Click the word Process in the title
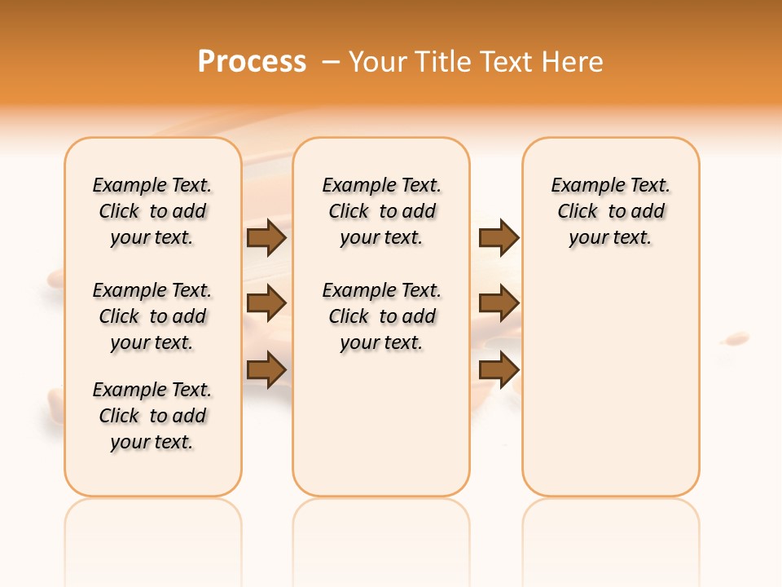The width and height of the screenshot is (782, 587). pyautogui.click(x=252, y=61)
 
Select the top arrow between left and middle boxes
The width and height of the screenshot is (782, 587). pyautogui.click(x=266, y=237)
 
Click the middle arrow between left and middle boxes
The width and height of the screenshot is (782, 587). pyautogui.click(x=266, y=303)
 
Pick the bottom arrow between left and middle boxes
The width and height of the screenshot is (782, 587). pyautogui.click(x=266, y=369)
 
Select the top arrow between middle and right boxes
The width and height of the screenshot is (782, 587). pyautogui.click(x=499, y=237)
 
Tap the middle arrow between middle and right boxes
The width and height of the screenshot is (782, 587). pyautogui.click(x=499, y=303)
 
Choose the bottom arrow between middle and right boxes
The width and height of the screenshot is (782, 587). pyautogui.click(x=499, y=369)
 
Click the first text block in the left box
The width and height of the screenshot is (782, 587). pyautogui.click(x=152, y=211)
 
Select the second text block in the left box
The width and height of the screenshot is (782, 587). pyautogui.click(x=152, y=316)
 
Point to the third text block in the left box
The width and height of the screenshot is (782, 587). pyautogui.click(x=152, y=416)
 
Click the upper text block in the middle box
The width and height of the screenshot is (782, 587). pyautogui.click(x=382, y=211)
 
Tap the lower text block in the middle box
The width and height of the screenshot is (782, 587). pyautogui.click(x=382, y=316)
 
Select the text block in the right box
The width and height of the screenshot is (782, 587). pyautogui.click(x=611, y=211)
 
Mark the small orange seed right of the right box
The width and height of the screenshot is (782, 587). pyautogui.click(x=736, y=337)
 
